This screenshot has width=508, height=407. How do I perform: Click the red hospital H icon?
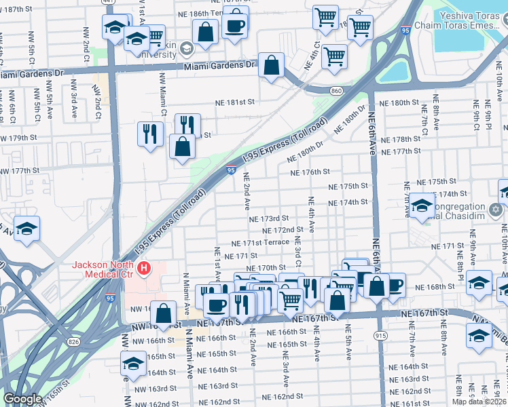tap(143, 269)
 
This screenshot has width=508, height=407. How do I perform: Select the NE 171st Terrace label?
tap(260, 243)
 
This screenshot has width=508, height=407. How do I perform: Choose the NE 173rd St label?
tap(269, 218)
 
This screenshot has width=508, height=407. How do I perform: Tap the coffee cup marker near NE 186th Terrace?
tap(235, 26)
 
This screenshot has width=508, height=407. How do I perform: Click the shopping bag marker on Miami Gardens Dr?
tap(271, 66)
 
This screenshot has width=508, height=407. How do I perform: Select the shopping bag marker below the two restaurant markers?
tap(182, 147)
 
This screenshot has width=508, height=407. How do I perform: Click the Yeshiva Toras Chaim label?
tap(469, 14)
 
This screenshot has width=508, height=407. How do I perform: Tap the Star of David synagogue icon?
tap(496, 208)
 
